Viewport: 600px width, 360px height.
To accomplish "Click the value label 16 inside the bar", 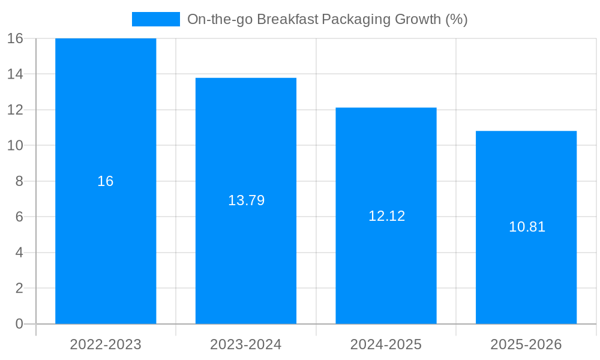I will (x=106, y=181).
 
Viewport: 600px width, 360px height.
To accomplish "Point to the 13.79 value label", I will (x=246, y=201).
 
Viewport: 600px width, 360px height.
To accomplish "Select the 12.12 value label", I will (x=386, y=216).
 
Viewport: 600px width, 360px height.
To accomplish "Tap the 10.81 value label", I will (x=527, y=227).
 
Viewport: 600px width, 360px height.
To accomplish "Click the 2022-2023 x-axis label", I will (x=106, y=344).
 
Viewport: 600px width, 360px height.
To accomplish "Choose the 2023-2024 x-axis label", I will (x=246, y=344).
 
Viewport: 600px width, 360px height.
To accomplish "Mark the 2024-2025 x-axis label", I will (x=386, y=344).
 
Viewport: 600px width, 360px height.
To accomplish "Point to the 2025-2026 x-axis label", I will (x=526, y=344).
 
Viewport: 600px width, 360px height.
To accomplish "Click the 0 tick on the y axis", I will (x=19, y=324).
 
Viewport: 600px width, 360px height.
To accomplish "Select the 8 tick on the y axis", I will (x=19, y=181).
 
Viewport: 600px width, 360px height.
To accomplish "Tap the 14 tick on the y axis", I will (x=15, y=74).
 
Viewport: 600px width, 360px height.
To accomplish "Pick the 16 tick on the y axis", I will (x=15, y=38).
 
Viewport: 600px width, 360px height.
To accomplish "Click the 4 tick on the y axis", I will (x=19, y=253).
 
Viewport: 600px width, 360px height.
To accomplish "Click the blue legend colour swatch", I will (x=155, y=19).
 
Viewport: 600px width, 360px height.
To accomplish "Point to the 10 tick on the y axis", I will (x=15, y=145).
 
